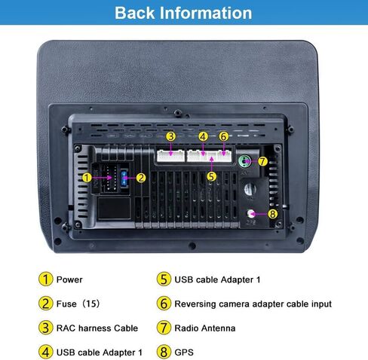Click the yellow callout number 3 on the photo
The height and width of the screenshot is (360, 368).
click(x=170, y=136)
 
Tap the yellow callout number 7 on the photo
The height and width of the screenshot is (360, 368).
click(x=262, y=161)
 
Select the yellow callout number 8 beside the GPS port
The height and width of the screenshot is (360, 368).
click(x=272, y=214)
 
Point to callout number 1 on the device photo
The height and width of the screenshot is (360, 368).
click(x=87, y=178)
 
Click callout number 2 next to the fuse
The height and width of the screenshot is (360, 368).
click(x=141, y=178)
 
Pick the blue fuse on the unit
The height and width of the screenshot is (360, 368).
click(x=124, y=178)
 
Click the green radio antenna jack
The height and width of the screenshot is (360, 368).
click(x=244, y=161)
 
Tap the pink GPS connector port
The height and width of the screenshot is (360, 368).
click(x=250, y=214)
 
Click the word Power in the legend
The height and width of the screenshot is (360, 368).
click(x=69, y=279)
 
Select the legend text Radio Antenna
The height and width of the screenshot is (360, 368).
click(x=205, y=328)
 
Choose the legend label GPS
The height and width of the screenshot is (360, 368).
click(x=184, y=352)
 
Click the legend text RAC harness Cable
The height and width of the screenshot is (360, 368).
click(x=97, y=328)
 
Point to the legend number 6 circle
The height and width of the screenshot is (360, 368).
click(x=164, y=304)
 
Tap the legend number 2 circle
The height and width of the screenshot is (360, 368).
click(x=46, y=304)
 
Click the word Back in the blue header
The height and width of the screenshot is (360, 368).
click(x=135, y=13)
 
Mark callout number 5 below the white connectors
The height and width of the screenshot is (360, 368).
click(x=212, y=176)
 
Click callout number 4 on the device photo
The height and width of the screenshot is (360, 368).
click(x=203, y=137)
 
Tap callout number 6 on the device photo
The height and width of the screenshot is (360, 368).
click(x=223, y=137)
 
